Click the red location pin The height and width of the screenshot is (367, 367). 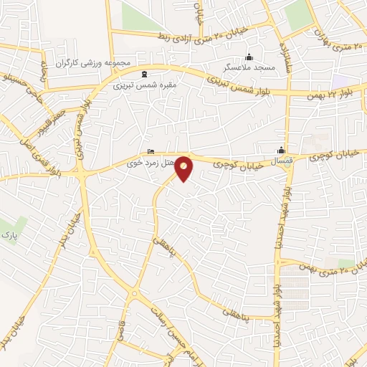tap(184, 168)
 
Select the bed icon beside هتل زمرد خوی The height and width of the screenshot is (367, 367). tap(150, 151)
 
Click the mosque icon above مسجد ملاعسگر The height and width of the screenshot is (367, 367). tap(249, 57)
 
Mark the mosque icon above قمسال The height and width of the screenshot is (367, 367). tap(282, 150)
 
